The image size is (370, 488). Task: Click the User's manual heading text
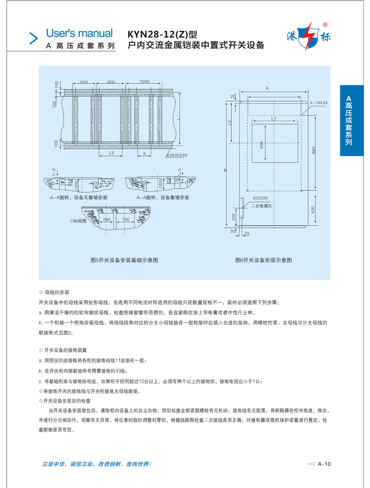[79, 33]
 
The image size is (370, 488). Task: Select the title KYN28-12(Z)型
[162, 35]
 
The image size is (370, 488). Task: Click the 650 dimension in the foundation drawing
[84, 82]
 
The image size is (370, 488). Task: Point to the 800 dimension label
[111, 82]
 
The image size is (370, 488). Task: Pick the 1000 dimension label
[144, 82]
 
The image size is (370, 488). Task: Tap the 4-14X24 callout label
[318, 103]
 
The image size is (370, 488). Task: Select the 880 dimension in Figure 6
[313, 150]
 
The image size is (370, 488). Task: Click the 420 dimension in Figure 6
[313, 210]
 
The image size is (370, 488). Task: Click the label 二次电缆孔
[261, 206]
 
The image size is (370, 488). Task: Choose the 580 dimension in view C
[107, 220]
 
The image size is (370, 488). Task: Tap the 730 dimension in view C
[126, 220]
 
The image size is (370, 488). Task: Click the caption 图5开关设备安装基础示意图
[124, 260]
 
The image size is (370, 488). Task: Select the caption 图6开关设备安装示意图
[263, 260]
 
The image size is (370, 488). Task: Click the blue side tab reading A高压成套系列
[352, 120]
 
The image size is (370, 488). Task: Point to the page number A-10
[324, 464]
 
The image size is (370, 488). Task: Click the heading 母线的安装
[57, 292]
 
